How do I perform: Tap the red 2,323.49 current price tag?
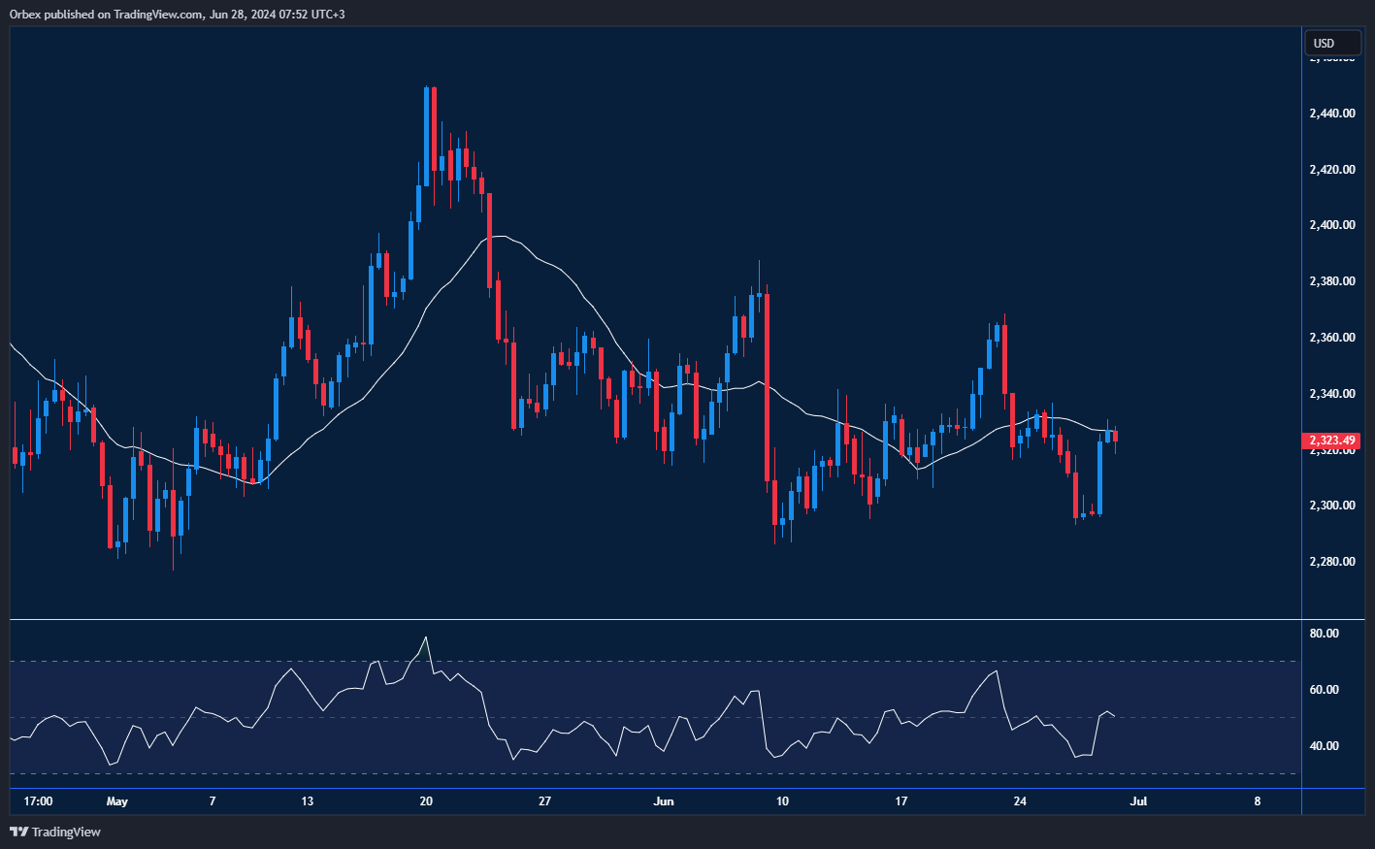pos(1332,441)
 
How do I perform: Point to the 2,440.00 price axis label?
pos(1331,114)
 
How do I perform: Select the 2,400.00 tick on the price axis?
pos(1331,225)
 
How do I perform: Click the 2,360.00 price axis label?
pos(1331,338)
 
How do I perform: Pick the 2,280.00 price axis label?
pos(1331,562)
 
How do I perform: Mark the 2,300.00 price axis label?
pos(1331,506)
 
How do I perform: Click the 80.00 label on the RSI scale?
pos(1324,634)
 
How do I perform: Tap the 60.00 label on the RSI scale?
pos(1324,690)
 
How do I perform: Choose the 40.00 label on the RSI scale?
pos(1324,746)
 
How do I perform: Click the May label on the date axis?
pos(116,801)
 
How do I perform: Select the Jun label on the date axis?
pos(664,801)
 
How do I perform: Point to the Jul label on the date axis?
pos(1139,801)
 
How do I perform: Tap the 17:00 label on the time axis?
pos(38,801)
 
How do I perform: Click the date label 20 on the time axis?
pos(426,801)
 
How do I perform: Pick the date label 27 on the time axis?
pos(544,801)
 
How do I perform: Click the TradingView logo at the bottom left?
pos(55,832)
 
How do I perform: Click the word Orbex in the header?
pos(27,15)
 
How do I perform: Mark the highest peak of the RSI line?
pos(425,637)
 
